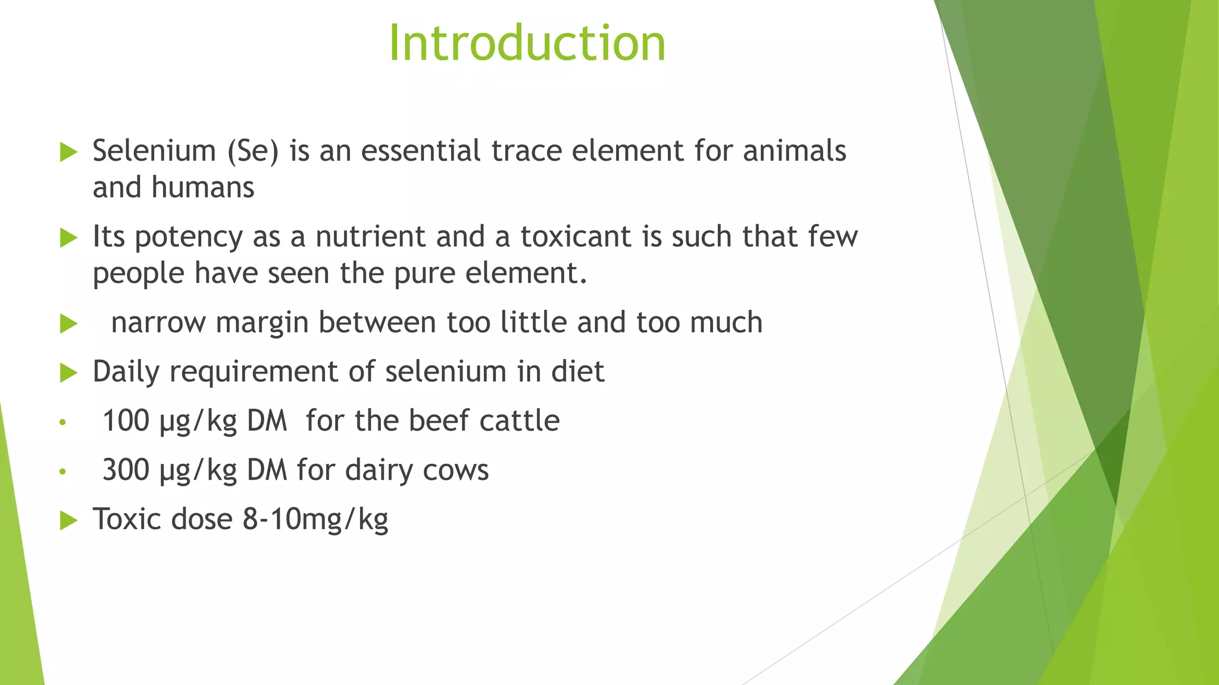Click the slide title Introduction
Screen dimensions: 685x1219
click(x=527, y=43)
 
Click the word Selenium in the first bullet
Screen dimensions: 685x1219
click(x=154, y=150)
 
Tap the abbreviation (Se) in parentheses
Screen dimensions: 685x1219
click(x=253, y=151)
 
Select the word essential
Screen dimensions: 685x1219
click(x=420, y=150)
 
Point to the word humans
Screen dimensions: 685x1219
click(x=202, y=187)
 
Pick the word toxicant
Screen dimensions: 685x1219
click(x=576, y=237)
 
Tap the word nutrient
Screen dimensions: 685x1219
click(x=370, y=237)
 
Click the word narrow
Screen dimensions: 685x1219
click(x=158, y=323)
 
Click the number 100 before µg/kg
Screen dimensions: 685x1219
click(x=126, y=421)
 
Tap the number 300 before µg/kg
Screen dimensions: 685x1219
click(x=126, y=470)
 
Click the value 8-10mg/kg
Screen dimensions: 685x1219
click(x=315, y=520)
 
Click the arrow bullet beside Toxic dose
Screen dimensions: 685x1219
click(x=69, y=521)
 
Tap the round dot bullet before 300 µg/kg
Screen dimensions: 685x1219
click(x=62, y=472)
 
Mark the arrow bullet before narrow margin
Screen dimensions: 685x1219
click(x=69, y=324)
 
